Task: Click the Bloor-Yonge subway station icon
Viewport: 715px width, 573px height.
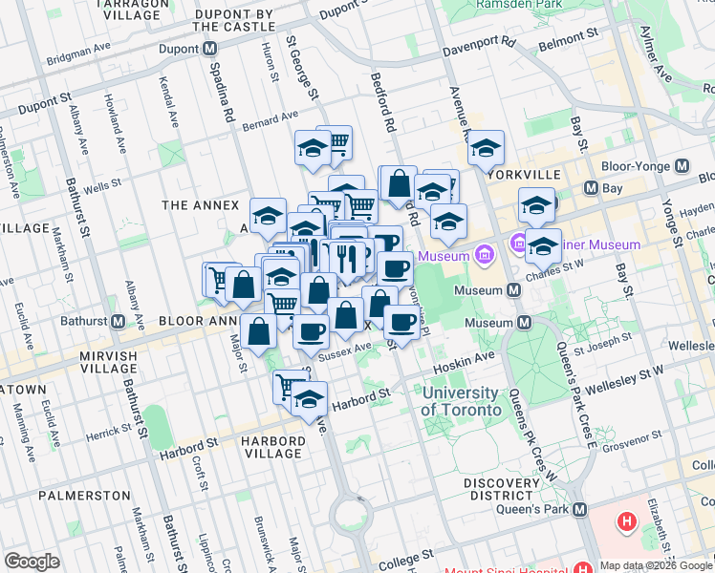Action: (682, 166)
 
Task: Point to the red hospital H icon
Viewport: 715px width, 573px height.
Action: (627, 522)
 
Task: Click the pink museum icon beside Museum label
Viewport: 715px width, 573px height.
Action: (485, 255)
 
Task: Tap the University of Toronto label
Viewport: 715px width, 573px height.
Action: (462, 401)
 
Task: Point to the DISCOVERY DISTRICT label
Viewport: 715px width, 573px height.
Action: (503, 490)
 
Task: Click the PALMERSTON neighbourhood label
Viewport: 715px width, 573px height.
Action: (84, 496)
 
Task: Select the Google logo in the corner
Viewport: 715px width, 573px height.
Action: (32, 562)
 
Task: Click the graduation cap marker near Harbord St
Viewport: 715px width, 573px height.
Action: (310, 398)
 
